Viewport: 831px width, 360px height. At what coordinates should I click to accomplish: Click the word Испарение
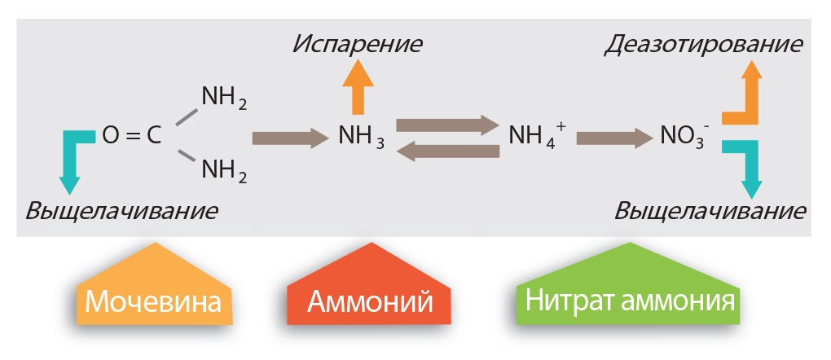click(x=358, y=43)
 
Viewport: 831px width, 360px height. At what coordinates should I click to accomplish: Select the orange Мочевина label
click(x=154, y=302)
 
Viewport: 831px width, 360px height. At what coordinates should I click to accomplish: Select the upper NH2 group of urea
click(x=224, y=99)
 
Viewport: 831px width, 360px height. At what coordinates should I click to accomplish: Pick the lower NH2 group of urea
click(x=224, y=170)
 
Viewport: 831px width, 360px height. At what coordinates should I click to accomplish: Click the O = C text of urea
click(x=131, y=136)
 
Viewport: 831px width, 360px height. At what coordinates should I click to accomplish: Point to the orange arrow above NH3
click(x=358, y=87)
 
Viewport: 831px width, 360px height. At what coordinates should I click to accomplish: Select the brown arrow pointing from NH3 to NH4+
click(x=446, y=125)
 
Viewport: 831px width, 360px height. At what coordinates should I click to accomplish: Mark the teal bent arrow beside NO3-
click(x=746, y=166)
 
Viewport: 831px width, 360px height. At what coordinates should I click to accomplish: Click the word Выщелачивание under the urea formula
click(x=122, y=211)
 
